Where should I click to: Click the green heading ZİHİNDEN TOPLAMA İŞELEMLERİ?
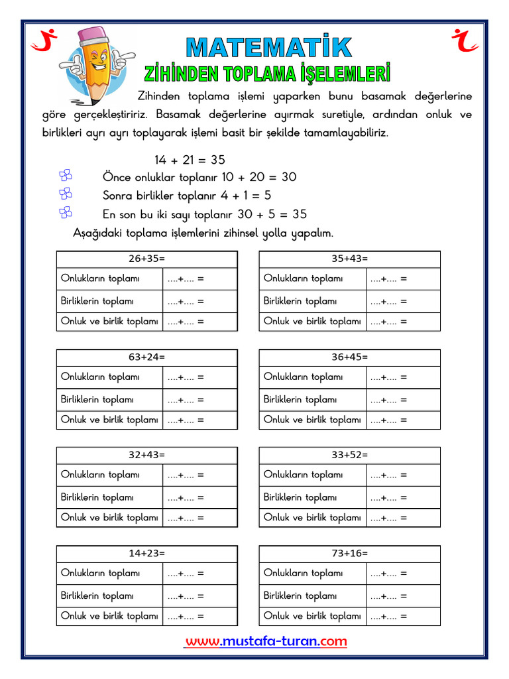coord(267,72)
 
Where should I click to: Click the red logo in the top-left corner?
coord(44,41)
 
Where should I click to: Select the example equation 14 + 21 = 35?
coord(190,160)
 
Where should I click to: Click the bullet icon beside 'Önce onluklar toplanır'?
coord(65,176)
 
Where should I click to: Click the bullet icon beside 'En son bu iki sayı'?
coord(65,213)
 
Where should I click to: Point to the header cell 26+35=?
coord(146,259)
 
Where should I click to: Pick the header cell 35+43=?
coord(349,259)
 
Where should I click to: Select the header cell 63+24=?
coord(146,357)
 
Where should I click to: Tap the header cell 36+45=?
coord(349,357)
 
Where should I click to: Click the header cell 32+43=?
coord(146,456)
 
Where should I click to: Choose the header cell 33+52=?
coord(349,456)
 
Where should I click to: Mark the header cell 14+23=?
coord(146,554)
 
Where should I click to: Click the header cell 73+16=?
coord(349,554)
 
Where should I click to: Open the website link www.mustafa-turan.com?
coord(266,641)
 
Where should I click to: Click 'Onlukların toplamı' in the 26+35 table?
coord(101,278)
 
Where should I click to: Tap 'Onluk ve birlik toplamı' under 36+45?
coord(312,420)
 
